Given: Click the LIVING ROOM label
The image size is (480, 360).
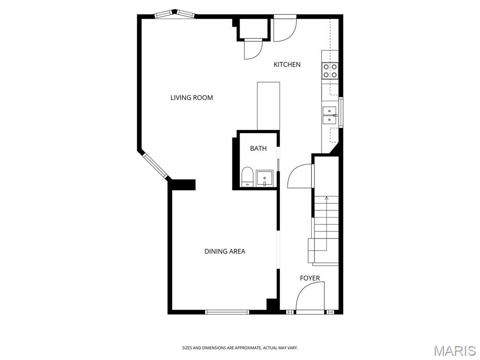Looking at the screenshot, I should tap(191, 97).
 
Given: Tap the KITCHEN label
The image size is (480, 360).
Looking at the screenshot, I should tap(287, 64).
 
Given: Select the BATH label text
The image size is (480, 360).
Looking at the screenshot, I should tap(258, 148).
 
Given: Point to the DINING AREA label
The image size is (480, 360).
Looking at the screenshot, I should tap(225, 251).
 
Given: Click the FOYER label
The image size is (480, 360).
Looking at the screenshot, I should tap(309, 278).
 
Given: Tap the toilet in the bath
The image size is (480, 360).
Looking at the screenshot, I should tap(247, 178).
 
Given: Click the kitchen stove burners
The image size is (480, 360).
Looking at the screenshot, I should tap(330, 71).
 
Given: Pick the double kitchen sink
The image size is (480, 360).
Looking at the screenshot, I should tap(330, 115).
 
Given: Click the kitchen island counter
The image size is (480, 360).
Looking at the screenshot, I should tap(268, 106).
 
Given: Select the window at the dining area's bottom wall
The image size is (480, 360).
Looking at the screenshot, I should tap(227, 311).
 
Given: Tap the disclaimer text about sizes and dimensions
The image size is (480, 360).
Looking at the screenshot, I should tap(240, 348).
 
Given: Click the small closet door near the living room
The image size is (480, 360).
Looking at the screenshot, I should tap(253, 48).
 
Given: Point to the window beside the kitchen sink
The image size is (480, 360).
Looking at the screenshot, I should tap(341, 112).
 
